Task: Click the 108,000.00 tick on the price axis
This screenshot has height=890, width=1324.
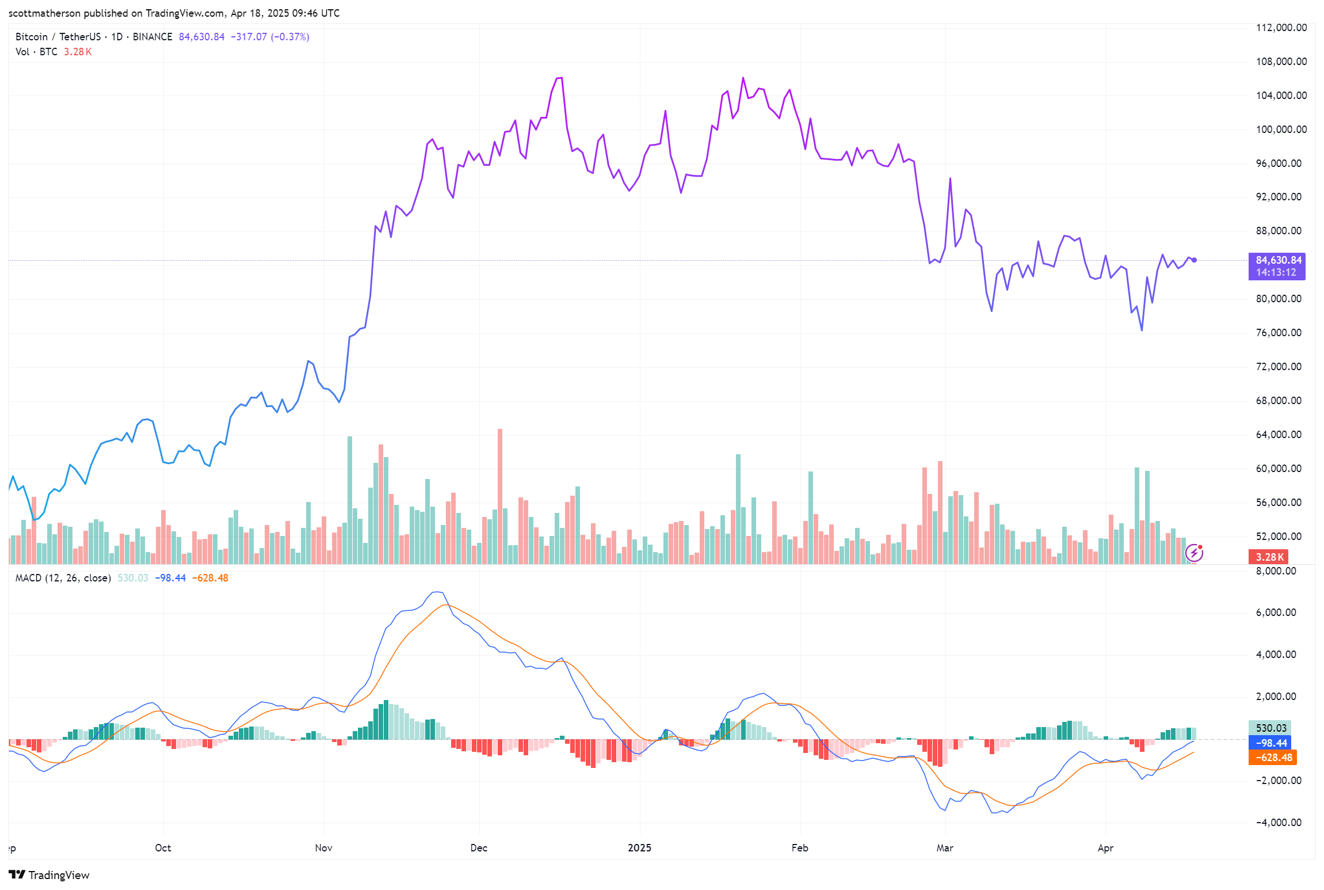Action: click(1281, 62)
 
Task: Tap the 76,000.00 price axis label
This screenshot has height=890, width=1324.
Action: click(1278, 333)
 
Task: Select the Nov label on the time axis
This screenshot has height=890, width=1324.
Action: click(323, 848)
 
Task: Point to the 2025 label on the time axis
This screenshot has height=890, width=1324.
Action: click(639, 848)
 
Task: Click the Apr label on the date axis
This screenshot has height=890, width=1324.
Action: click(1105, 848)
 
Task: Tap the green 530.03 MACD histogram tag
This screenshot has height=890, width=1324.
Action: click(1270, 728)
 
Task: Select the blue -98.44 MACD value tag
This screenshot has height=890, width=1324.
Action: click(1270, 743)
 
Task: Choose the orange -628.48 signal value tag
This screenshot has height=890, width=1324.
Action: click(1272, 758)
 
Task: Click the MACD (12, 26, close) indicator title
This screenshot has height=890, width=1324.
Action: click(63, 578)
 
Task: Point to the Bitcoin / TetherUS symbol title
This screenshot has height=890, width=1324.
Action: click(58, 37)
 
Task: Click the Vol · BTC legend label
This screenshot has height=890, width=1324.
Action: click(36, 52)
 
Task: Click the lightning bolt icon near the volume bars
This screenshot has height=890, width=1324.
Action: click(1194, 553)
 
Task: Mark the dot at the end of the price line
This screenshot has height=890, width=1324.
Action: click(1194, 260)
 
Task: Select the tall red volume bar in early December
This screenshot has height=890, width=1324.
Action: click(500, 495)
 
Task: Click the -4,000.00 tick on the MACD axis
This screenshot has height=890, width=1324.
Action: click(1279, 823)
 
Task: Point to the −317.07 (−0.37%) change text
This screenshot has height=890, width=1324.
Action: click(270, 37)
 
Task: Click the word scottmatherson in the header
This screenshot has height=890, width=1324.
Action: click(44, 13)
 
